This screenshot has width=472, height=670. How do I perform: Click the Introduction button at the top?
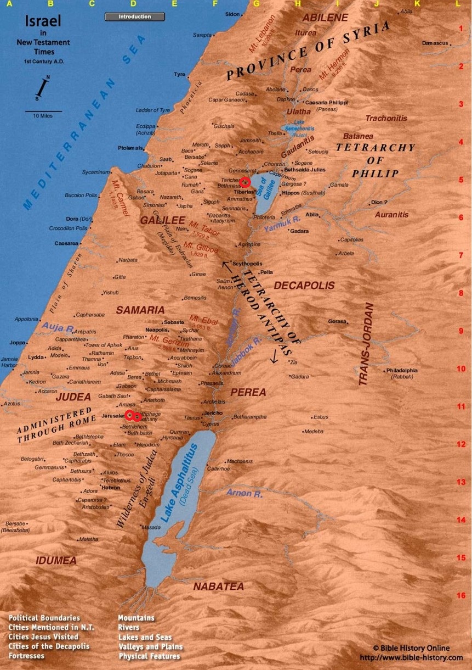135,17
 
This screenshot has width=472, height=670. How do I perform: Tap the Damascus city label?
436,43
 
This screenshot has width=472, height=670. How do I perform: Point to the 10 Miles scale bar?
43,111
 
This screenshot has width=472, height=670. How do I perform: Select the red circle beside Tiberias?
245,182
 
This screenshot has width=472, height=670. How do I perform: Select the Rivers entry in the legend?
129,627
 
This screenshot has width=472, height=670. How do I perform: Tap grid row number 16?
461,595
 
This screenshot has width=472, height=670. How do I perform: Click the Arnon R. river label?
244,493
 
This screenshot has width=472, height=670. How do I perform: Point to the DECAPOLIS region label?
304,286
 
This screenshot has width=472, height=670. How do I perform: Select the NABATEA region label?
218,587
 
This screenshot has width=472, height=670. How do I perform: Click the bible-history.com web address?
411,657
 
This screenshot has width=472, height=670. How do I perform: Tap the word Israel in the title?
43,22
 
